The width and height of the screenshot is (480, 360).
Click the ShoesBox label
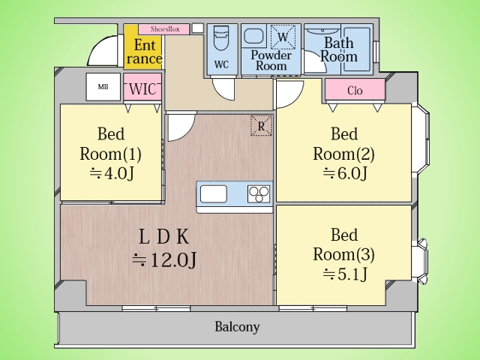[165, 29]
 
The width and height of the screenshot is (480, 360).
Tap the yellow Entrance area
[143, 46]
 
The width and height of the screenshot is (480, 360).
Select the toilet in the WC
[221, 37]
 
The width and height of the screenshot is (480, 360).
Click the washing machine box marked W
[283, 37]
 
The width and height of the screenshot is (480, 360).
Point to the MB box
[103, 87]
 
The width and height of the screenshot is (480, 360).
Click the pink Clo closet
[355, 90]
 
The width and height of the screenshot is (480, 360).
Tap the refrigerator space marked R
[261, 125]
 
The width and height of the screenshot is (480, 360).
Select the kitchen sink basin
[214, 194]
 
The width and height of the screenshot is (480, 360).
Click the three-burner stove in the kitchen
[259, 194]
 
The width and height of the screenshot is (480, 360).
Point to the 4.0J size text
[112, 173]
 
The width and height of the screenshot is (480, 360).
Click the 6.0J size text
[345, 173]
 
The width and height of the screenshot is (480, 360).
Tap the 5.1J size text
[345, 274]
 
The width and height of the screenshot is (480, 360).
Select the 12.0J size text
[164, 260]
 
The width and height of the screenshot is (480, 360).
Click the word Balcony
[237, 327]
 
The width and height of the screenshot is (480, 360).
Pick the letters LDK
[164, 237]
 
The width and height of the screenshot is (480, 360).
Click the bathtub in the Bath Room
[356, 49]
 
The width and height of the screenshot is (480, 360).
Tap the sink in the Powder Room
[253, 37]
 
